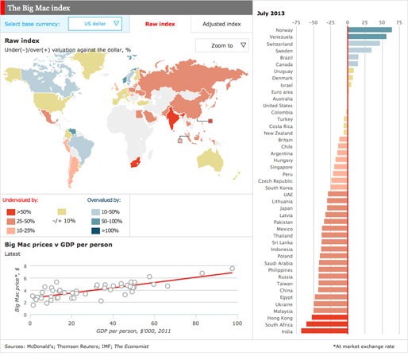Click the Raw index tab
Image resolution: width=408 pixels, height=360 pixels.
[x=161, y=24]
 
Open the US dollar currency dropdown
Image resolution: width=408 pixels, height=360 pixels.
[x=95, y=24]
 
